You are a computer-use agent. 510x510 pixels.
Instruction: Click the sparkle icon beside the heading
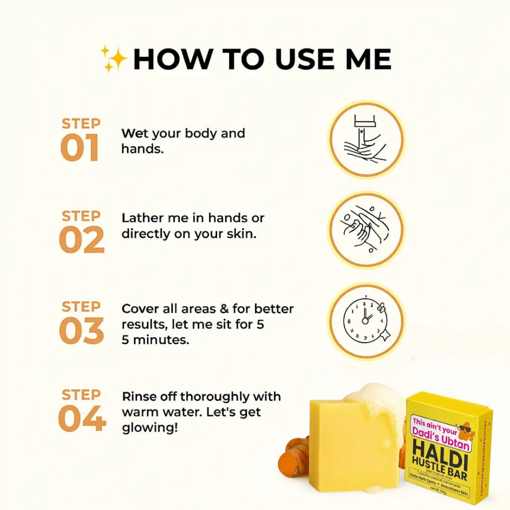[114, 59]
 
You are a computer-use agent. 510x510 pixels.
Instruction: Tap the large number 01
[80, 148]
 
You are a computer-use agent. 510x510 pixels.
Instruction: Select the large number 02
[82, 240]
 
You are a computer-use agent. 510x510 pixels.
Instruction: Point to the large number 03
[82, 330]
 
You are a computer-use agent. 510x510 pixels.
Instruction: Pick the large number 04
[82, 419]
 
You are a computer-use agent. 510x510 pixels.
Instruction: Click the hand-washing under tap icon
[366, 139]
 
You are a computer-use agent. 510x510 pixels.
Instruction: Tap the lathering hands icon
[366, 229]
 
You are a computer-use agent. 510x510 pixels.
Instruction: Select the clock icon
[366, 320]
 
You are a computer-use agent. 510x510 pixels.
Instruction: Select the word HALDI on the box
[439, 453]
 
